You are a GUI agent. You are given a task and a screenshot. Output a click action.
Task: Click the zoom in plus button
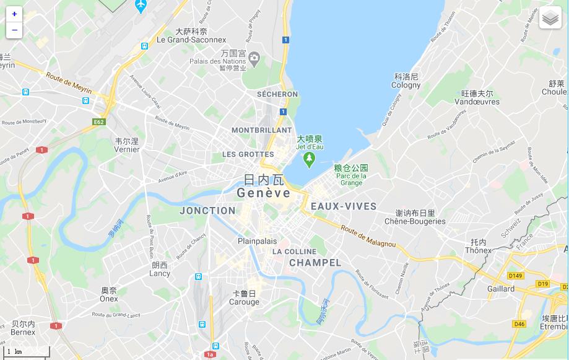point(14,14)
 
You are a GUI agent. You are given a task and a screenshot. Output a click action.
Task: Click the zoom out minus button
point(14,30)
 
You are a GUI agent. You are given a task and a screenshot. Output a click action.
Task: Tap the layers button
point(550,18)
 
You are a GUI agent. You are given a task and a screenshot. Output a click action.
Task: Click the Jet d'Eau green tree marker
point(309,159)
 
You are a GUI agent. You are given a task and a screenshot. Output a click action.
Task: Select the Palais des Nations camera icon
point(254,58)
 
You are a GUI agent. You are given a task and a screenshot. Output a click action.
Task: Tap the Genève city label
point(263,193)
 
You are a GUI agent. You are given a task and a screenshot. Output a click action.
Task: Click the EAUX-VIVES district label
point(343,206)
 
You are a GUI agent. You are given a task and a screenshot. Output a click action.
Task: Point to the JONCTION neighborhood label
point(207,211)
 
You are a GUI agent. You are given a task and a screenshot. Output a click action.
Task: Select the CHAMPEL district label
point(315,263)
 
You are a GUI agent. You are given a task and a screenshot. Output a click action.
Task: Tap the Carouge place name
point(245,302)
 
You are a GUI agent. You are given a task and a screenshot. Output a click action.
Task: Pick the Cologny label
point(406,85)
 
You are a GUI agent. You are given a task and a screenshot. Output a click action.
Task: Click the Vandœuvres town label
point(477,102)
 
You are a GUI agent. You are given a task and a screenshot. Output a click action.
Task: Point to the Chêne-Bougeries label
point(415,221)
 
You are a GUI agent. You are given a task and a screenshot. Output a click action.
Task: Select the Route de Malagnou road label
point(368,236)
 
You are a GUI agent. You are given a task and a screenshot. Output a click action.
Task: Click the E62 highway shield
point(98,122)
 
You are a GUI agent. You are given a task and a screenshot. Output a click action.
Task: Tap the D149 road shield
point(515,275)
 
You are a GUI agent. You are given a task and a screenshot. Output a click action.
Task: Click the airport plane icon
point(141,6)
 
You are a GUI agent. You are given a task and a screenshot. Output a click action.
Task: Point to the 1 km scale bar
point(25,353)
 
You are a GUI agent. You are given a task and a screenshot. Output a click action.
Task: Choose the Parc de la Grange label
point(351,179)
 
